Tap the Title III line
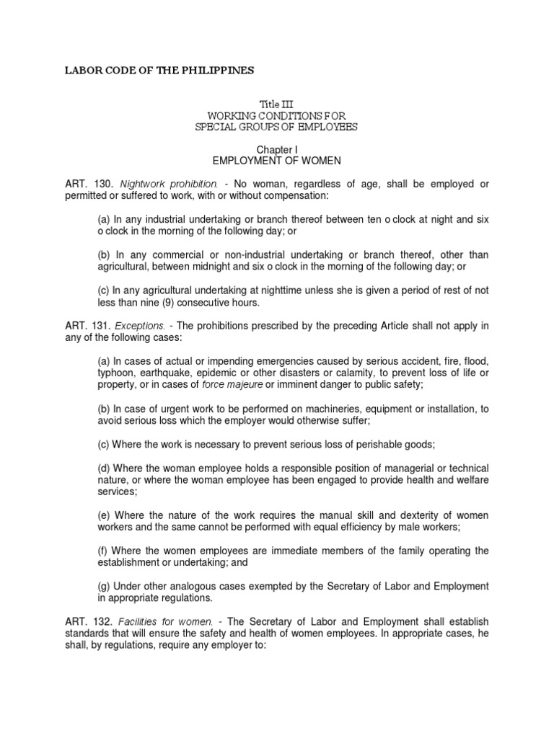point(277,105)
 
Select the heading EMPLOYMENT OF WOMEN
point(277,161)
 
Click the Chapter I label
point(277,150)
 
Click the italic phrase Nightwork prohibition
point(159,184)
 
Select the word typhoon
point(117,373)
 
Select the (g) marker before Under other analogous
point(105,585)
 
